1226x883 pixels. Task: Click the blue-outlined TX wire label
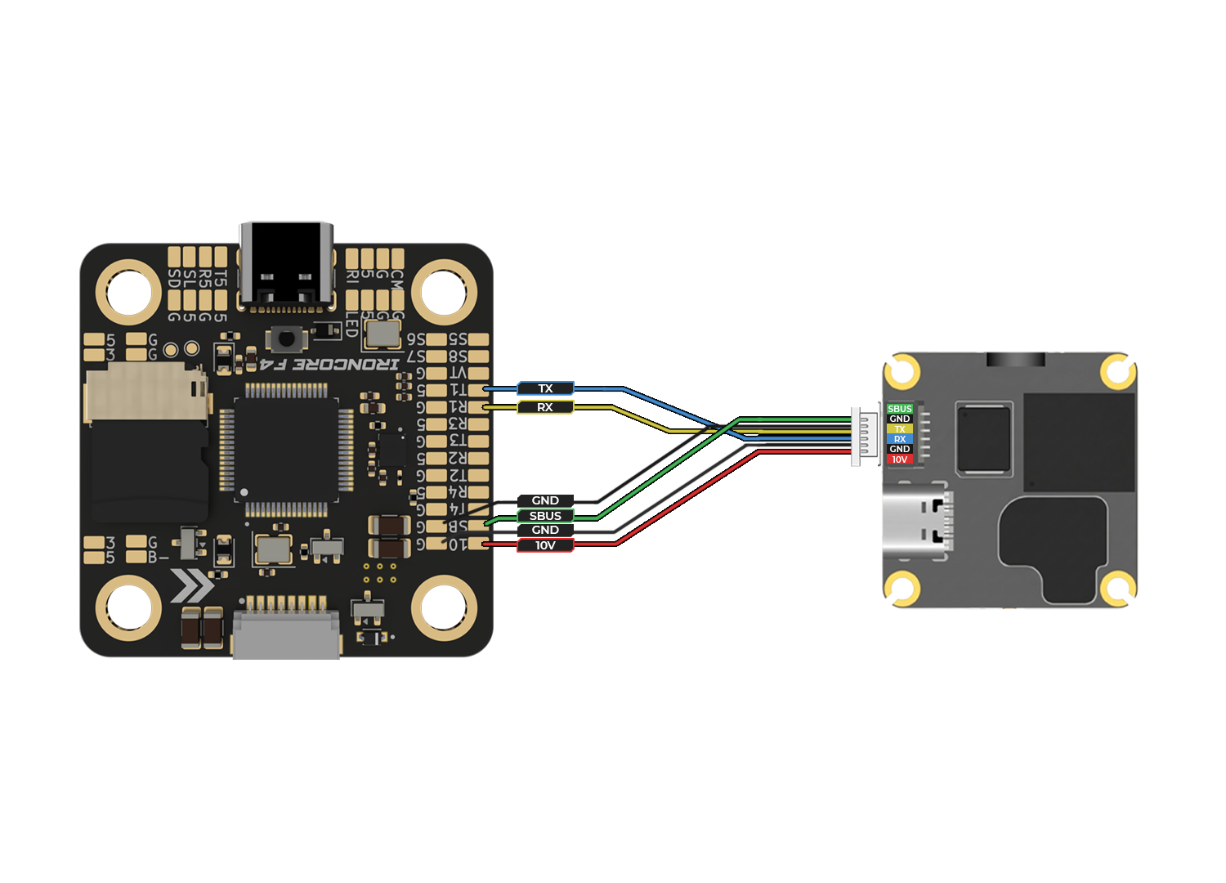(x=545, y=388)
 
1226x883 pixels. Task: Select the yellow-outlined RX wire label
(x=545, y=407)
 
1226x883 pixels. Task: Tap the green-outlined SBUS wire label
(x=545, y=516)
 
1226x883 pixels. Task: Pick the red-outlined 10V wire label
(x=545, y=545)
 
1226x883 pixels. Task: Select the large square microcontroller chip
(x=286, y=450)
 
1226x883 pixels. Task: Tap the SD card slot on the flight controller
(x=147, y=441)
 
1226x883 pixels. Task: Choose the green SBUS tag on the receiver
(x=899, y=409)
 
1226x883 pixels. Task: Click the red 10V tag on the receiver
(x=899, y=459)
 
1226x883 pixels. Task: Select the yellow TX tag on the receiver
(x=899, y=429)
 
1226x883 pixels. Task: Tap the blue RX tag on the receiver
(x=899, y=439)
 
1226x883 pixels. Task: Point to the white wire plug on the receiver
(x=861, y=436)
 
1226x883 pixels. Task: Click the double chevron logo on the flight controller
(x=192, y=585)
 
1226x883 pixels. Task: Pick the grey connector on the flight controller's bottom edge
(x=286, y=634)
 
